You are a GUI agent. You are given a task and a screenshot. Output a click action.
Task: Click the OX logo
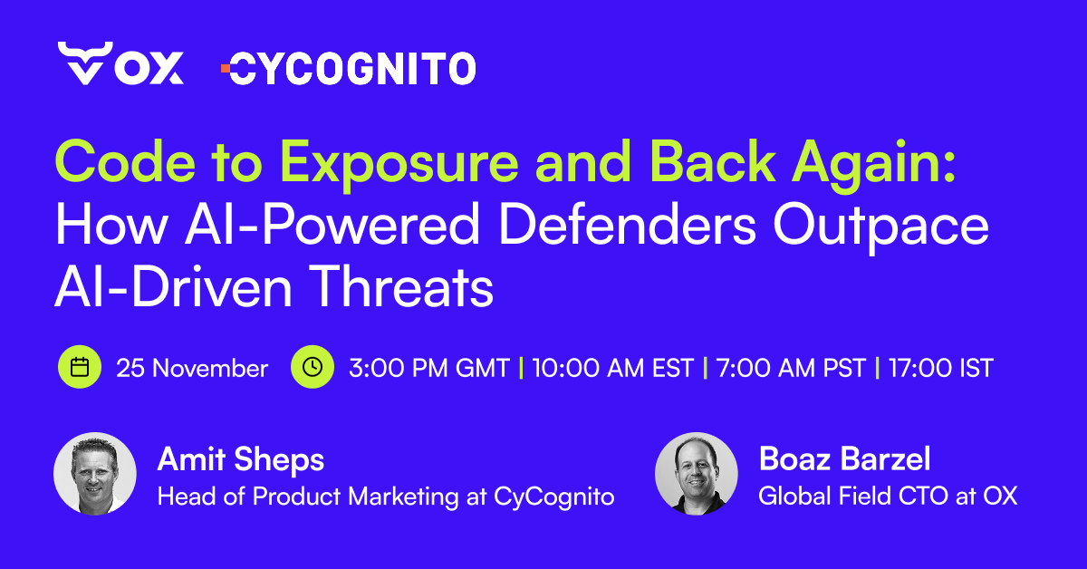[120, 64]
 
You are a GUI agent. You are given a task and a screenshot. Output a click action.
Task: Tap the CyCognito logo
[349, 68]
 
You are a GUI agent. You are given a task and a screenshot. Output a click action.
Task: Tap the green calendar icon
[80, 367]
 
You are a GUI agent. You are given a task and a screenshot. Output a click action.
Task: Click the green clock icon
[313, 367]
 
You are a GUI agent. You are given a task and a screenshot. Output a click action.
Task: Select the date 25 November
[192, 369]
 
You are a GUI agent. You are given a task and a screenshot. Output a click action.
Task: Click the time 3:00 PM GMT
[428, 369]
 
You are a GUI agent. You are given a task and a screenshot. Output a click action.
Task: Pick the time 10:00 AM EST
[612, 369]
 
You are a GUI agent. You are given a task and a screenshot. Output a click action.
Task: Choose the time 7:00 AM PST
[790, 369]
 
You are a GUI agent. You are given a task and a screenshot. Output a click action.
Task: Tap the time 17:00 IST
[941, 369]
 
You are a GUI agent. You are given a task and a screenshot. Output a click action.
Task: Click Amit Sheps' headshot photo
[95, 474]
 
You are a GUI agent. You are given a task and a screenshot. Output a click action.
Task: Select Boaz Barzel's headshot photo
[697, 474]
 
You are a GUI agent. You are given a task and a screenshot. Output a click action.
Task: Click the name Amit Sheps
[240, 459]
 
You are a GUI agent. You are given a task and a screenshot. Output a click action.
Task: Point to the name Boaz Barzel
[844, 459]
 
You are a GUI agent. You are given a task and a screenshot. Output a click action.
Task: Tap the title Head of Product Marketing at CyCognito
[386, 497]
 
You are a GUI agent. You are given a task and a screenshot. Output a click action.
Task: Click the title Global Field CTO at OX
[888, 497]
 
